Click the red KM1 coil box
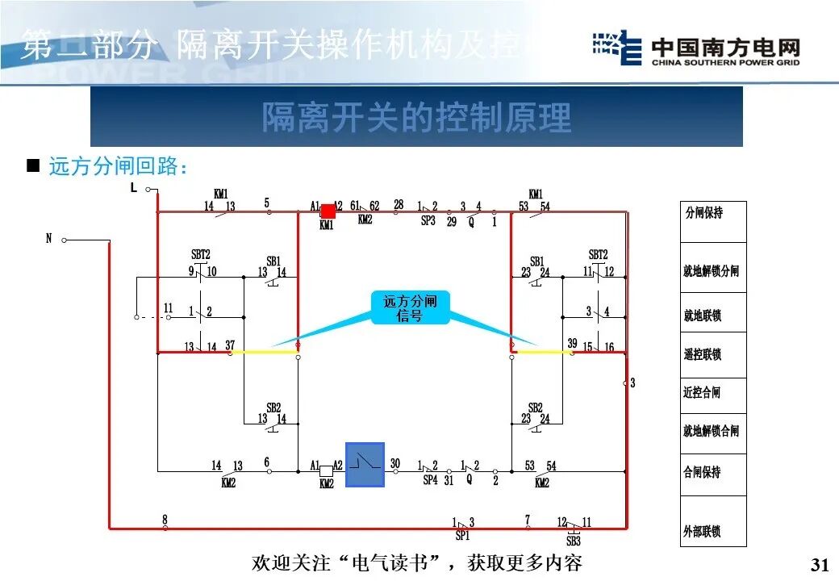(328, 211)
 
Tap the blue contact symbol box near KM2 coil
(365, 465)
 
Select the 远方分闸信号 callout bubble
(410, 307)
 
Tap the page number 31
(820, 564)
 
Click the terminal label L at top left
(134, 187)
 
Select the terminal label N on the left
(48, 239)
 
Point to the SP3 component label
(428, 220)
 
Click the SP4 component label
(430, 479)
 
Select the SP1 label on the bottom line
(462, 535)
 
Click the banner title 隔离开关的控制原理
(416, 118)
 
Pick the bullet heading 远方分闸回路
(118, 167)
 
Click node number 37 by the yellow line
(230, 345)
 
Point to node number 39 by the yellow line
(572, 343)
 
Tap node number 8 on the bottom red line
(165, 519)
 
